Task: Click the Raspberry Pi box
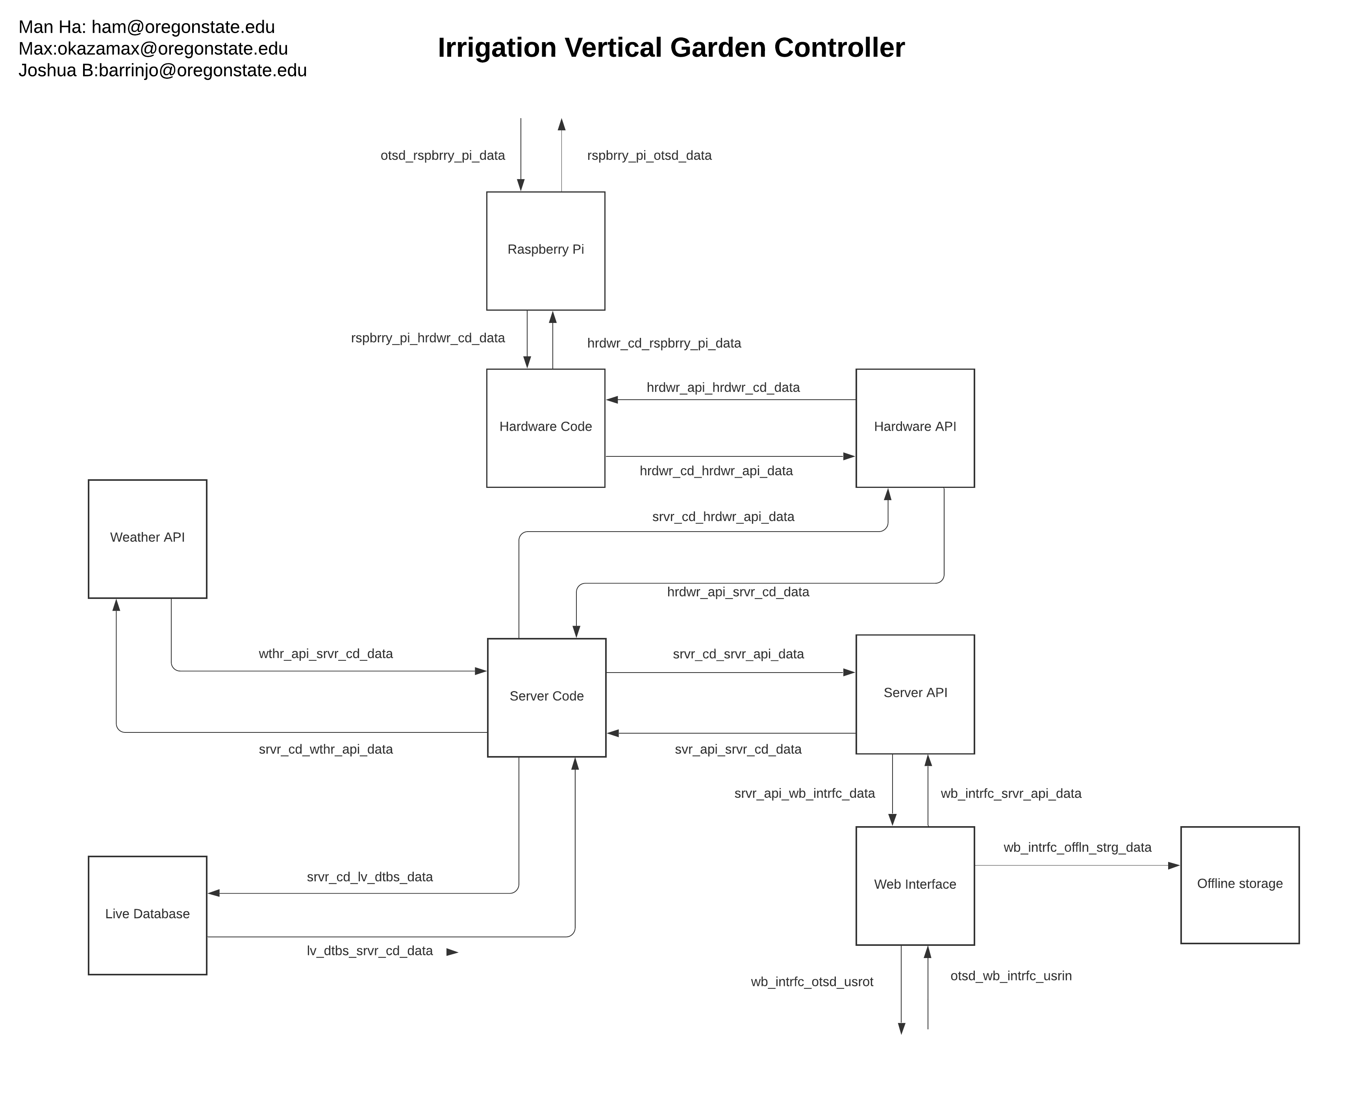545,250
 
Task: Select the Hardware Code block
545,428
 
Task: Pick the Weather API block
147,538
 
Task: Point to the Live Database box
147,914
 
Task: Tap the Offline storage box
1239,885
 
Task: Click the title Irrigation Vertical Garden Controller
671,48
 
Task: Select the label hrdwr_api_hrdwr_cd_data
723,387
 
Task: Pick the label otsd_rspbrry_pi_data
443,156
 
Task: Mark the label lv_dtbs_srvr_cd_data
370,951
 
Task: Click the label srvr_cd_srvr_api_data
738,654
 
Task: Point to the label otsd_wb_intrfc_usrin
1011,976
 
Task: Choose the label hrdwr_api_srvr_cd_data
738,592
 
